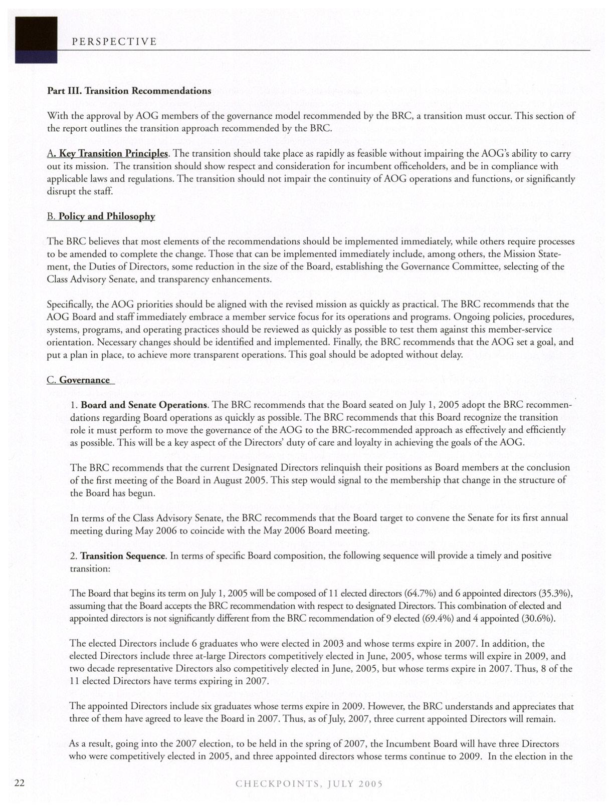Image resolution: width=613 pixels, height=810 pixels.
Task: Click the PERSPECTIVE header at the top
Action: tap(114, 42)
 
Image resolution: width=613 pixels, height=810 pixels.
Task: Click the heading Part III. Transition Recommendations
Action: tap(129, 91)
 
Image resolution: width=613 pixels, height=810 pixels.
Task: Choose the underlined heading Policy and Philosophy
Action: tap(106, 216)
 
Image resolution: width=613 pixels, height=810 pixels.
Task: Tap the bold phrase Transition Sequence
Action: tap(123, 556)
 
